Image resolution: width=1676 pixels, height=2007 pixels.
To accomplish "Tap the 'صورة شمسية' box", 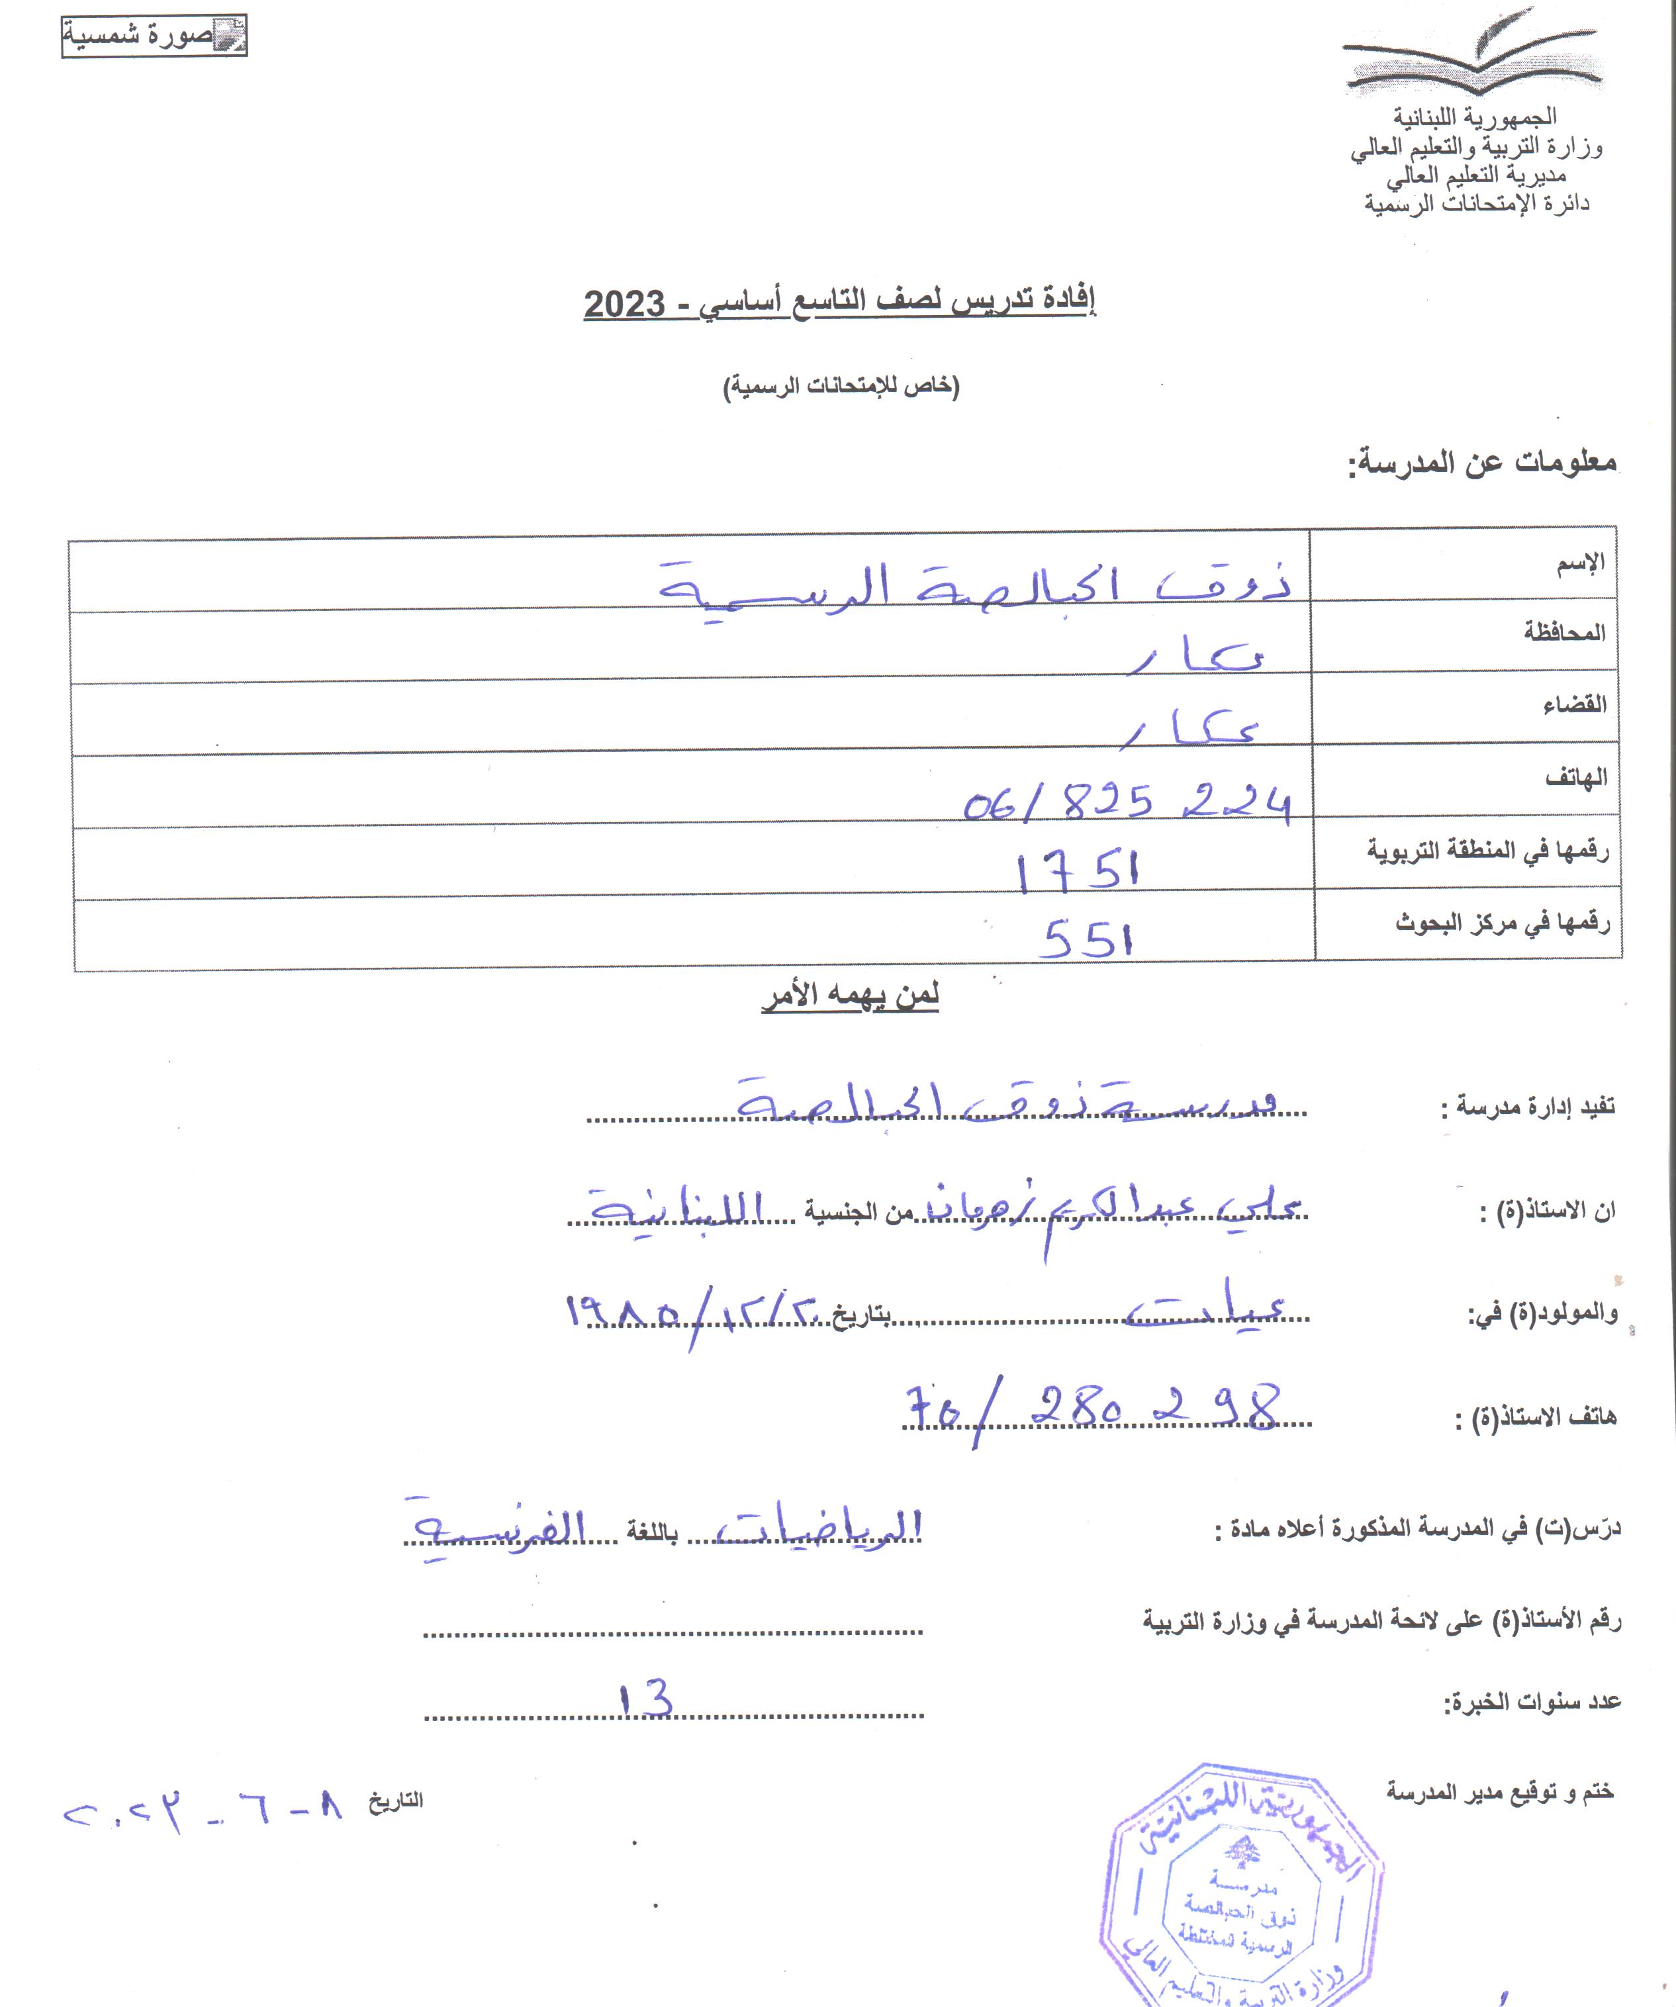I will tap(154, 36).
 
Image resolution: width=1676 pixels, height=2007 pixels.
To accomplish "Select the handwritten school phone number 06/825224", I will tap(1127, 803).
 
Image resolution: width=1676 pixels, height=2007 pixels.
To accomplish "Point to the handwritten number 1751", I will tap(1078, 870).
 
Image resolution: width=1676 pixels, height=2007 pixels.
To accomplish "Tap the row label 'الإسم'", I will tap(1581, 563).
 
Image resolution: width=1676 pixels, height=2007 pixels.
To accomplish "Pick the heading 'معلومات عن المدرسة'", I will tap(1482, 463).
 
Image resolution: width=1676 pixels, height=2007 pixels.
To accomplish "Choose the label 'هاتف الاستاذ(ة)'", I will tap(1536, 1417).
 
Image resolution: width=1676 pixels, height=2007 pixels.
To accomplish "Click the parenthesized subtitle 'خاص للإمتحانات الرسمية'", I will tap(841, 386).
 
